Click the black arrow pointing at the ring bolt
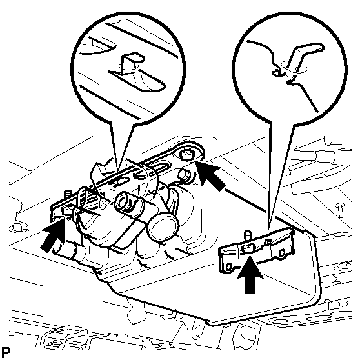pos(209,175)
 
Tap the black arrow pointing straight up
pos(250,274)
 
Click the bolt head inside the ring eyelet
pos(186,156)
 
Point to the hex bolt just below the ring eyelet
pos(185,175)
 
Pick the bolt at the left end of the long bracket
pos(67,210)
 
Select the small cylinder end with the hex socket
pos(125,202)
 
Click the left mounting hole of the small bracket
pos(228,266)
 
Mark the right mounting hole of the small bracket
pos(282,253)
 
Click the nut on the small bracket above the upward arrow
pos(248,248)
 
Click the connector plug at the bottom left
pos(55,344)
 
